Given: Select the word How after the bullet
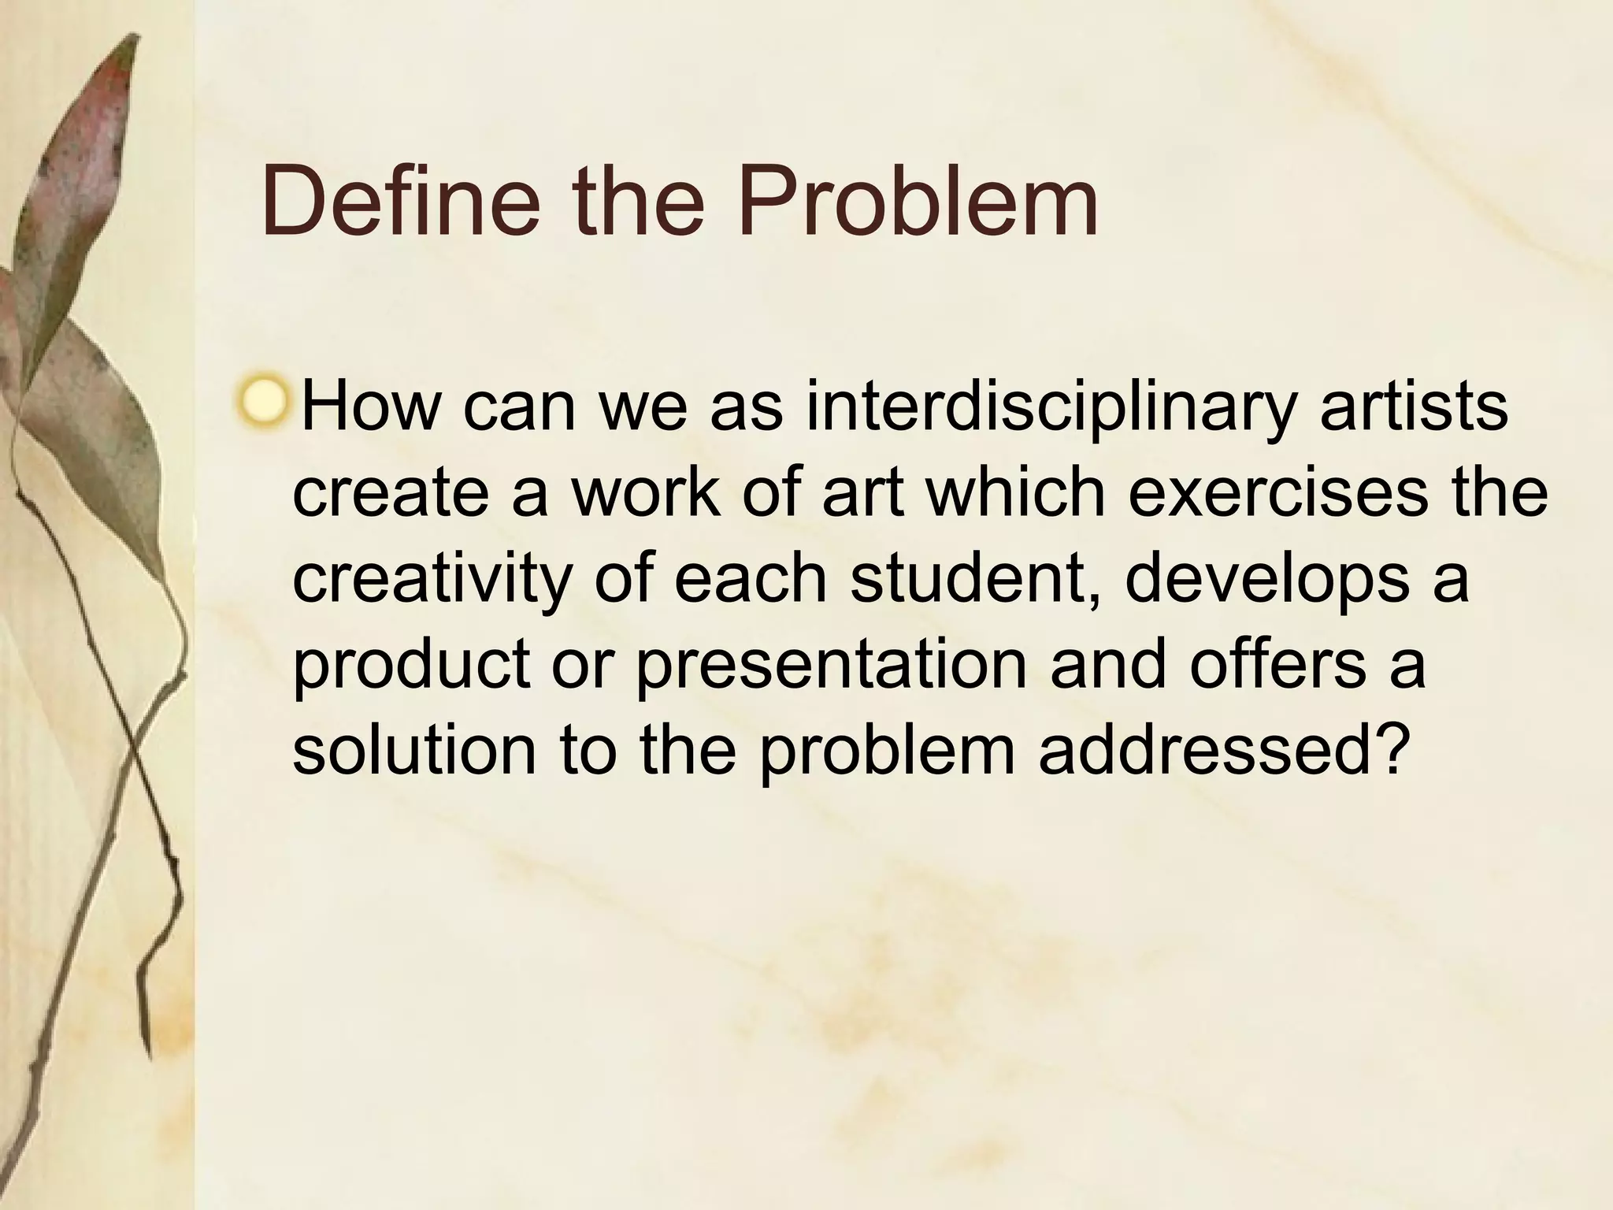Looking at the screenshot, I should pos(371,407).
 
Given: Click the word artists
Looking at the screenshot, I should pos(1414,407).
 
